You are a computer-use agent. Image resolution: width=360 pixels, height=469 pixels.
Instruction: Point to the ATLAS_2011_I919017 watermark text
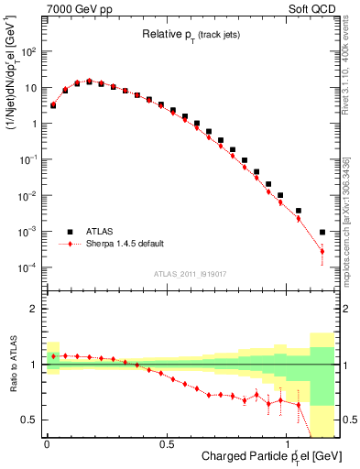coord(191,274)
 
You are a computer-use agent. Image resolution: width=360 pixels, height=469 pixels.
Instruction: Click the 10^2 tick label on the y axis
coord(28,52)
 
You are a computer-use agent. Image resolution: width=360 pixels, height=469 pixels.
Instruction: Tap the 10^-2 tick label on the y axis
coord(28,196)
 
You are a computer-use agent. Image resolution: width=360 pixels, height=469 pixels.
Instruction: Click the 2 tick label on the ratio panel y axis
coord(35,310)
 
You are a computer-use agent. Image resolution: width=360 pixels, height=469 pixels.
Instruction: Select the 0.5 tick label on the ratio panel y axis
coord(31,420)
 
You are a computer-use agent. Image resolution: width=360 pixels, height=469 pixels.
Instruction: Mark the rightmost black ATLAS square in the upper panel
coord(322,232)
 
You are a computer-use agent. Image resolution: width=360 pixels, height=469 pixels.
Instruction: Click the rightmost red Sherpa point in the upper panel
coord(322,251)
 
